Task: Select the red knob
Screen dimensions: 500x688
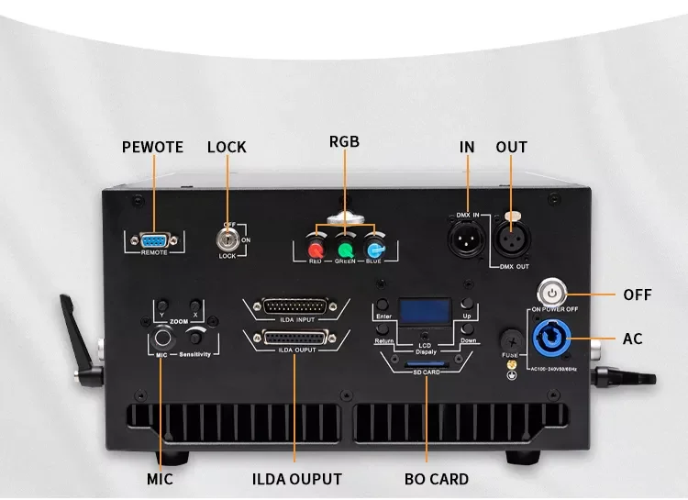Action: click(x=316, y=249)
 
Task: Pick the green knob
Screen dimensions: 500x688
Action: click(x=346, y=249)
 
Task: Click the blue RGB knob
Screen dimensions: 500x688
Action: click(x=374, y=249)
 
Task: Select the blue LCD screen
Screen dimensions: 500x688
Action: click(x=423, y=312)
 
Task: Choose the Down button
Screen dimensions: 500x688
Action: click(x=467, y=330)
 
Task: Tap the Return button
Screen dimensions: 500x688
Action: click(x=382, y=330)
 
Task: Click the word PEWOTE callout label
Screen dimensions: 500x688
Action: click(x=153, y=147)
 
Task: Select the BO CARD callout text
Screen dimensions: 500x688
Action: click(x=437, y=479)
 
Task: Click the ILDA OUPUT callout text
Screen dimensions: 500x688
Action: click(x=296, y=479)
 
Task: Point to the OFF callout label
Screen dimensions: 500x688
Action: click(x=638, y=294)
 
